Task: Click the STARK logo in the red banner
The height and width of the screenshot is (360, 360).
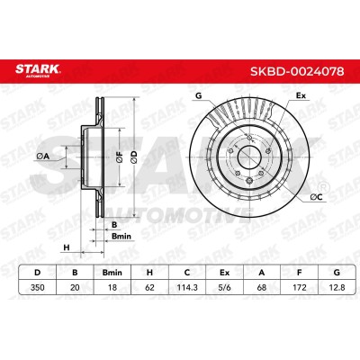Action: [x=38, y=70]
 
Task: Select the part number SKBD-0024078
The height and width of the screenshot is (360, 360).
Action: [x=297, y=71]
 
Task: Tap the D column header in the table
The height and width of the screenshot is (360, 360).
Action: [x=38, y=273]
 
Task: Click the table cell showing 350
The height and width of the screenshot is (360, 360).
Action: [x=38, y=287]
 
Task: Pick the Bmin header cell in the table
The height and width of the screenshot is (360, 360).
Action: [x=112, y=273]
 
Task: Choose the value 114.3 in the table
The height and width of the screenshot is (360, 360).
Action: [x=187, y=287]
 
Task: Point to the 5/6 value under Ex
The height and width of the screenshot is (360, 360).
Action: [x=224, y=287]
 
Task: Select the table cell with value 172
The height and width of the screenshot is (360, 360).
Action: [x=299, y=287]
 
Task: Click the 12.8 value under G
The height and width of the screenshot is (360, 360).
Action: [x=337, y=287]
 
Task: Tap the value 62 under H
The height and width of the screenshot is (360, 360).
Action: [x=149, y=287]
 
